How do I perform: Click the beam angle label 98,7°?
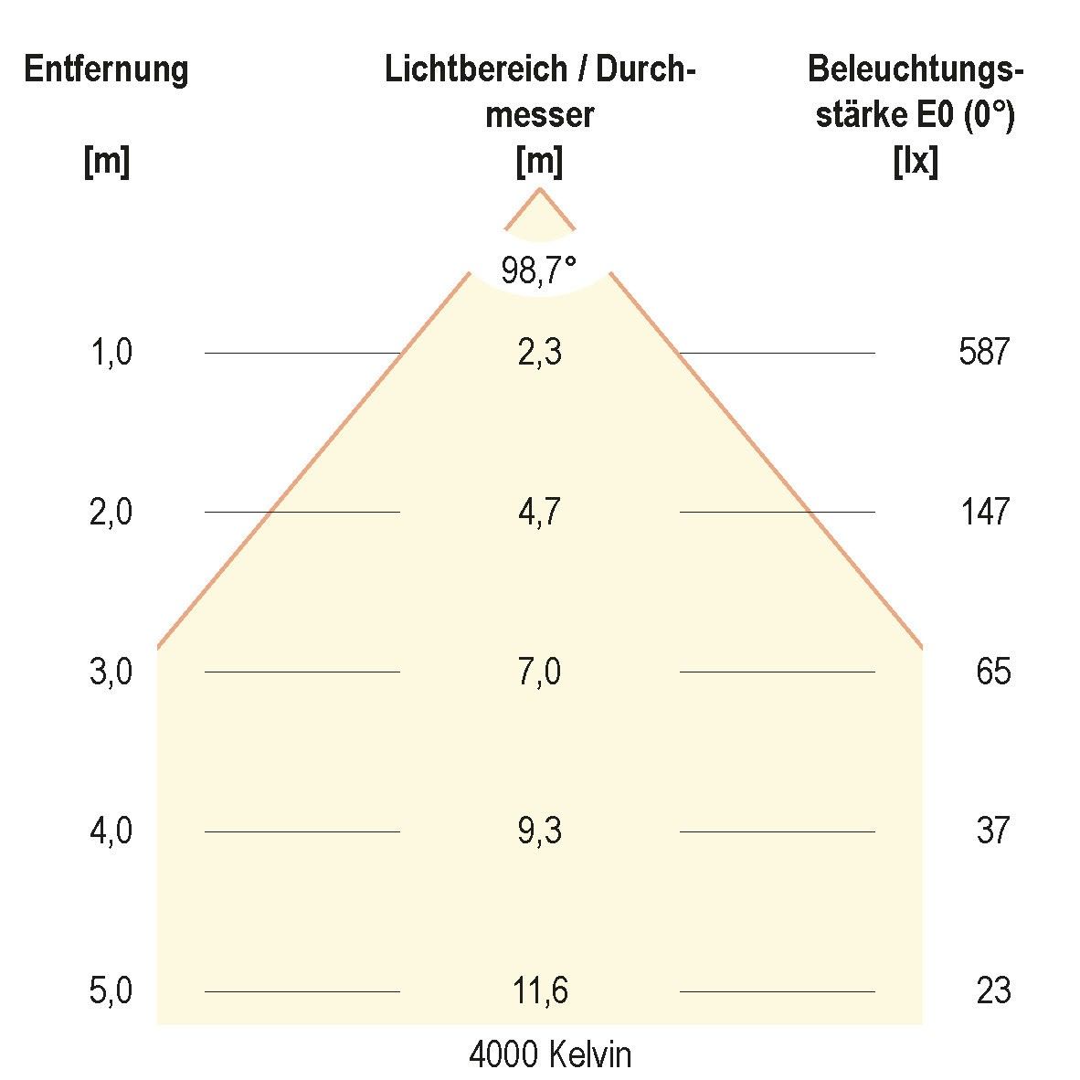click(x=539, y=270)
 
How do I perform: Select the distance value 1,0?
click(x=111, y=352)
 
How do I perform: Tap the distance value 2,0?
click(x=111, y=512)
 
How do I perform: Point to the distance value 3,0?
click(x=111, y=672)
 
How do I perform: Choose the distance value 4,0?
click(x=111, y=831)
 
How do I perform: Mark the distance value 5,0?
click(x=111, y=990)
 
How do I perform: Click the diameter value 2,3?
click(x=539, y=352)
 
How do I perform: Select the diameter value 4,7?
click(x=539, y=512)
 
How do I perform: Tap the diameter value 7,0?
click(x=539, y=672)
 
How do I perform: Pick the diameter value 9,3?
click(x=539, y=831)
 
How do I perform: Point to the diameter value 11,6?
click(x=539, y=990)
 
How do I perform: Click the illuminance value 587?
click(x=984, y=352)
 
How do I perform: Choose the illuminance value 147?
click(x=985, y=512)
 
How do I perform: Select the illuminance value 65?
click(x=993, y=672)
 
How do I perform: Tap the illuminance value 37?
click(x=993, y=831)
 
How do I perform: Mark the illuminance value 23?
click(x=993, y=990)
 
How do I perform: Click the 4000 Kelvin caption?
click(x=550, y=1055)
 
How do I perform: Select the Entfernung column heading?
click(x=106, y=69)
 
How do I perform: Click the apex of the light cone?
click(x=540, y=188)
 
